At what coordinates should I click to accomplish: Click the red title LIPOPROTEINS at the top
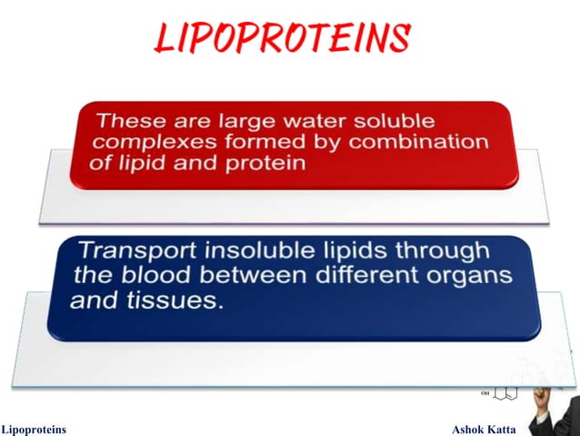click(282, 37)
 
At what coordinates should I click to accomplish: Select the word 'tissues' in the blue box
click(180, 300)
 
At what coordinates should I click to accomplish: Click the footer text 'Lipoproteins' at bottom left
click(34, 428)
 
